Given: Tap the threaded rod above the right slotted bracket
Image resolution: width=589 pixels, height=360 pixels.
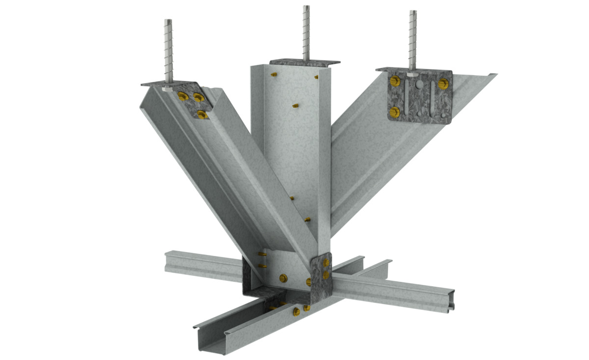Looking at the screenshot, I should pos(413,39).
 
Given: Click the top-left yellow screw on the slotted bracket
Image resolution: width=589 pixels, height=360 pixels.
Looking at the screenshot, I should pos(394,80).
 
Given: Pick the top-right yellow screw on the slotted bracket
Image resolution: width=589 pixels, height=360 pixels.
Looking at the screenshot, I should pos(444,83).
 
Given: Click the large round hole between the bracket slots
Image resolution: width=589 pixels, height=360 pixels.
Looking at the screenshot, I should pos(419,84).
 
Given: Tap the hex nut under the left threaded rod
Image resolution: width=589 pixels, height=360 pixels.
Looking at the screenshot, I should pos(168,89).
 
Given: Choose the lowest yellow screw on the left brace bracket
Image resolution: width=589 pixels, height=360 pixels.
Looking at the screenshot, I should pos(201,114).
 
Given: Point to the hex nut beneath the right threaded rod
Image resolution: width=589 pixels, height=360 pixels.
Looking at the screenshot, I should pos(413,74).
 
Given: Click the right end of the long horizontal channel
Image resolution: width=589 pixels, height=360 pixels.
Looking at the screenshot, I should pos(449,301).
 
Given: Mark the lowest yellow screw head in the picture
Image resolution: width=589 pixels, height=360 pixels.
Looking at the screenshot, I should pos(296,312).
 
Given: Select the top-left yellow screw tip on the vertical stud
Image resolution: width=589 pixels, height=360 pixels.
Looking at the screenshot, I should pos(273,75).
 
